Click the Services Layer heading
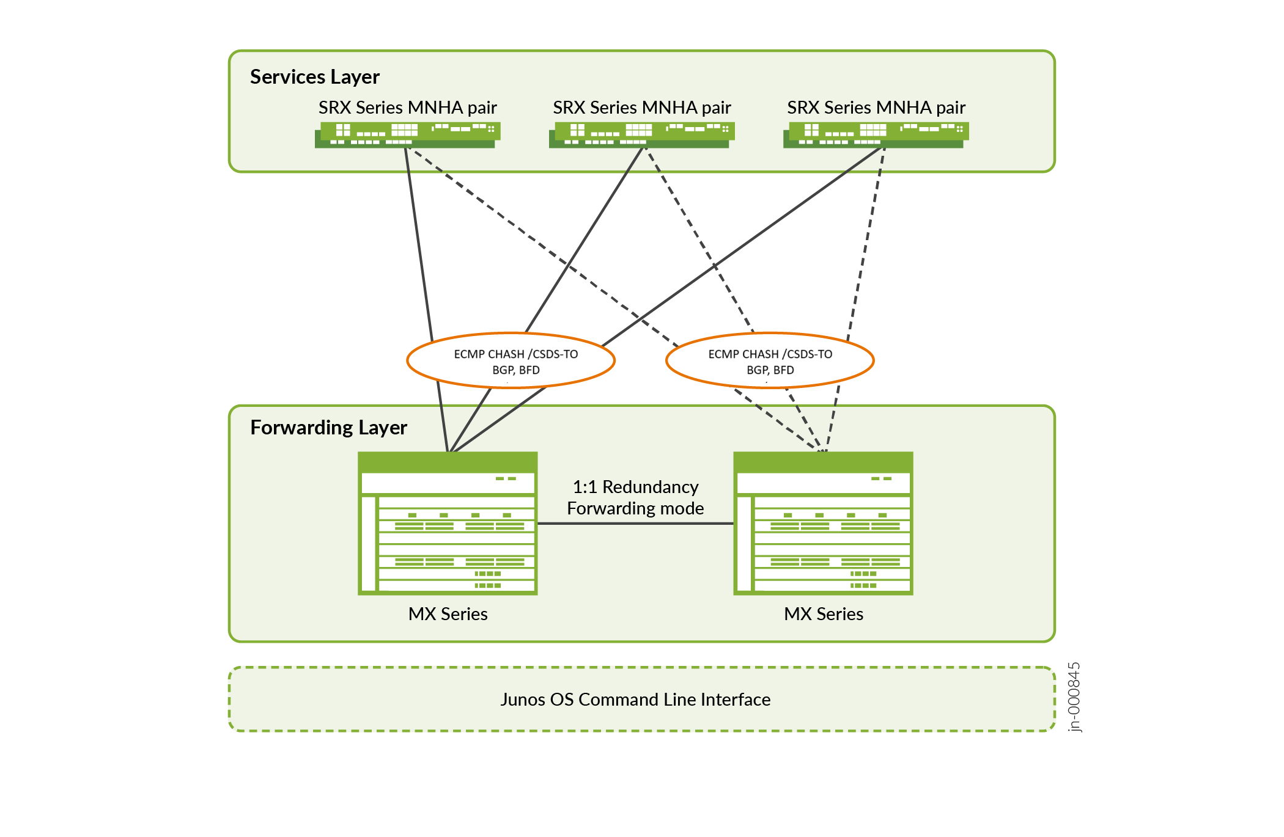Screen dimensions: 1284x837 (314, 77)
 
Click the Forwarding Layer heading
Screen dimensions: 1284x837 (328, 428)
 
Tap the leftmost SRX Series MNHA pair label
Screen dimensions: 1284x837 (407, 108)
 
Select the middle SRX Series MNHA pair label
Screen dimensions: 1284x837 (641, 108)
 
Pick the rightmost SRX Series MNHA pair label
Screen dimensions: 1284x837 (876, 108)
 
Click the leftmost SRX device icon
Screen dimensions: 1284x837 (407, 134)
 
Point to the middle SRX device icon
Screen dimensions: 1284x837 (641, 134)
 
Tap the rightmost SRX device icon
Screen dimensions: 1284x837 (876, 134)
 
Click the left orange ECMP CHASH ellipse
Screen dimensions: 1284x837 (511, 360)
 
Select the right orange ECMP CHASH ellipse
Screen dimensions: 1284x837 (770, 360)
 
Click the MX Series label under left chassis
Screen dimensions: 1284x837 (448, 614)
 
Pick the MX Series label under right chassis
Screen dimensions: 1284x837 (823, 614)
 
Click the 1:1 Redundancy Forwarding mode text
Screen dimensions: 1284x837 (635, 497)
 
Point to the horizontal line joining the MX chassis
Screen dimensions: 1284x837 (635, 524)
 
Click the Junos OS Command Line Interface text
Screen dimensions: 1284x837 (635, 700)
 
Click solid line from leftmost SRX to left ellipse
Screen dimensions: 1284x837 (419, 244)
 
